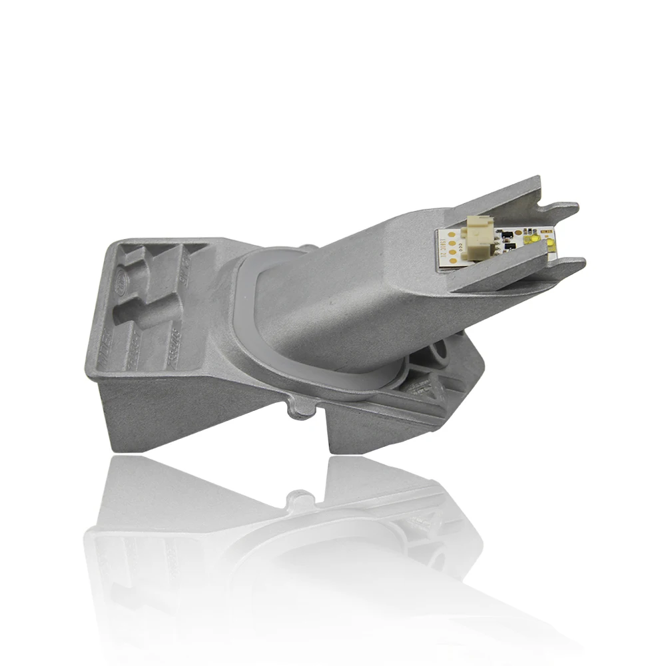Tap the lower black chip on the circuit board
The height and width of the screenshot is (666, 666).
(x=507, y=248)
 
